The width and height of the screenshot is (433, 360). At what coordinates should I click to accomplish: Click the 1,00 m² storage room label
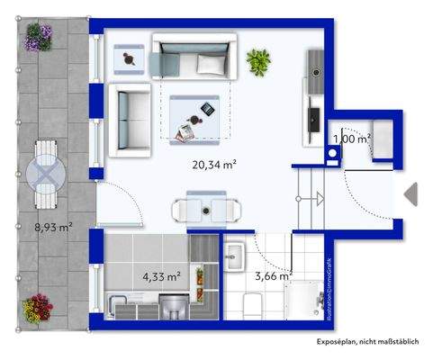click(352, 139)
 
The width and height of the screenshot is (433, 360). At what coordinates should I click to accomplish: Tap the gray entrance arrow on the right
click(410, 193)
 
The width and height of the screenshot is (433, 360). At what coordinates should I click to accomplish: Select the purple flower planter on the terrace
click(39, 37)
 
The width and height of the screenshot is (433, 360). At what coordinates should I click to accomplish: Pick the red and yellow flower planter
click(38, 308)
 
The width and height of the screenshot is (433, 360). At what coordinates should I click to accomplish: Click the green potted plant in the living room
click(259, 60)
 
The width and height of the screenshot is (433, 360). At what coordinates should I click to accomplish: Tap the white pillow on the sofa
click(211, 64)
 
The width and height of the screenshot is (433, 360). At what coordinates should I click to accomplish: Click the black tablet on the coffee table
click(206, 109)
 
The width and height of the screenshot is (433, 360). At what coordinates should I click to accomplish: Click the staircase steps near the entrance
click(311, 190)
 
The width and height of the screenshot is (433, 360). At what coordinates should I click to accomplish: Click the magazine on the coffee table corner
click(185, 134)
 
